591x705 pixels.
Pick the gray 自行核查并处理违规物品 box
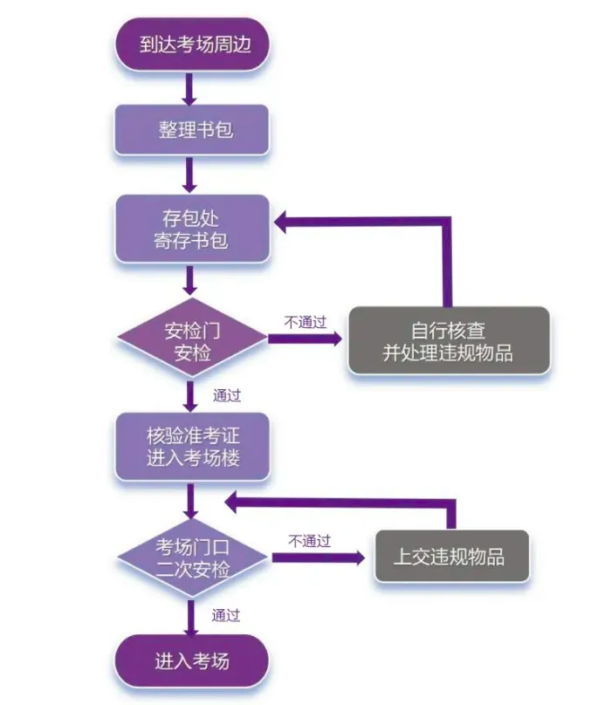pos(449,341)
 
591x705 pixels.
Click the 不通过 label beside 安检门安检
pos(305,321)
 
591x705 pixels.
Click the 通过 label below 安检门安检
pos(226,394)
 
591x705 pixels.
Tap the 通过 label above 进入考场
pos(226,614)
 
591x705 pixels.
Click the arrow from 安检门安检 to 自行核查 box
pos(306,339)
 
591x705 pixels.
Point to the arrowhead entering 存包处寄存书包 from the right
pos(285,222)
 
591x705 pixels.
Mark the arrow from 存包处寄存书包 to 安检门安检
pos(189,281)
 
